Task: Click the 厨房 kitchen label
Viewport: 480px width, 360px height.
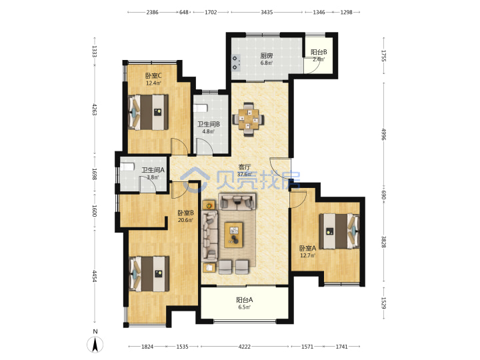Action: (267, 56)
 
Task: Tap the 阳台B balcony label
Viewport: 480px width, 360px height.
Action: (319, 52)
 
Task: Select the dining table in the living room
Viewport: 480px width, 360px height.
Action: (248, 119)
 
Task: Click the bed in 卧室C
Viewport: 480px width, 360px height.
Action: (148, 112)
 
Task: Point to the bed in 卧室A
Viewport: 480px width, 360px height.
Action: (339, 231)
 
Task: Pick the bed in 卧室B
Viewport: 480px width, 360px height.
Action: (149, 274)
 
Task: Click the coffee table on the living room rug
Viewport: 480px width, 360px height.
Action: (233, 235)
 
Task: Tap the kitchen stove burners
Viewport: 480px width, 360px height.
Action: (235, 63)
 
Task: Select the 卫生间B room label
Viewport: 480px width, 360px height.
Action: (208, 124)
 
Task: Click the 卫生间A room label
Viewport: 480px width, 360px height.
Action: (153, 170)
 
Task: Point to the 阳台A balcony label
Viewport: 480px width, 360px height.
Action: (244, 300)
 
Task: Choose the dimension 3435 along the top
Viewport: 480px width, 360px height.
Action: (267, 12)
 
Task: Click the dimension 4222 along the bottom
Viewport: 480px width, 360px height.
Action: (244, 347)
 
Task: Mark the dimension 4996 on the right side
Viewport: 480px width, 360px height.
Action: (383, 134)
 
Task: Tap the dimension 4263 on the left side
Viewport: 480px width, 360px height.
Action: (95, 109)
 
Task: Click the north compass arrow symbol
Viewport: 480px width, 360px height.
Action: (95, 345)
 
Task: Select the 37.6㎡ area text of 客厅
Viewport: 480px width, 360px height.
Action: (245, 174)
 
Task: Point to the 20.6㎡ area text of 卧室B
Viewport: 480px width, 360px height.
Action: (185, 220)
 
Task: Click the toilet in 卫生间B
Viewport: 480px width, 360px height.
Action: (201, 108)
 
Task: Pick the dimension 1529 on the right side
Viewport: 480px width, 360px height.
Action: (383, 303)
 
